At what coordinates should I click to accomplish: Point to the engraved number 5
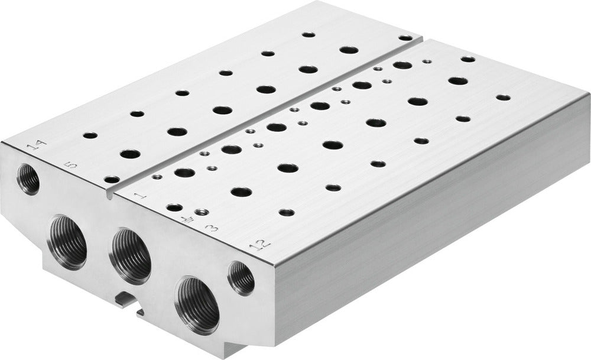tap(72, 165)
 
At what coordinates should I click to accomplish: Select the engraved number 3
tap(209, 227)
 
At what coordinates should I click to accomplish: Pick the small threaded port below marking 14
tap(28, 180)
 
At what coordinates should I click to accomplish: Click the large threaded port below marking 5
tap(67, 242)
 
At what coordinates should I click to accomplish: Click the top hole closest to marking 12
tap(287, 212)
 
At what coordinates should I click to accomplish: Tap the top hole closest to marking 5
tap(111, 179)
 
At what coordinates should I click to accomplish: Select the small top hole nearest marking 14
tap(90, 135)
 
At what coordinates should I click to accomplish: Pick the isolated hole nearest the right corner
tap(502, 98)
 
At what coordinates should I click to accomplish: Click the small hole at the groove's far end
tap(405, 38)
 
